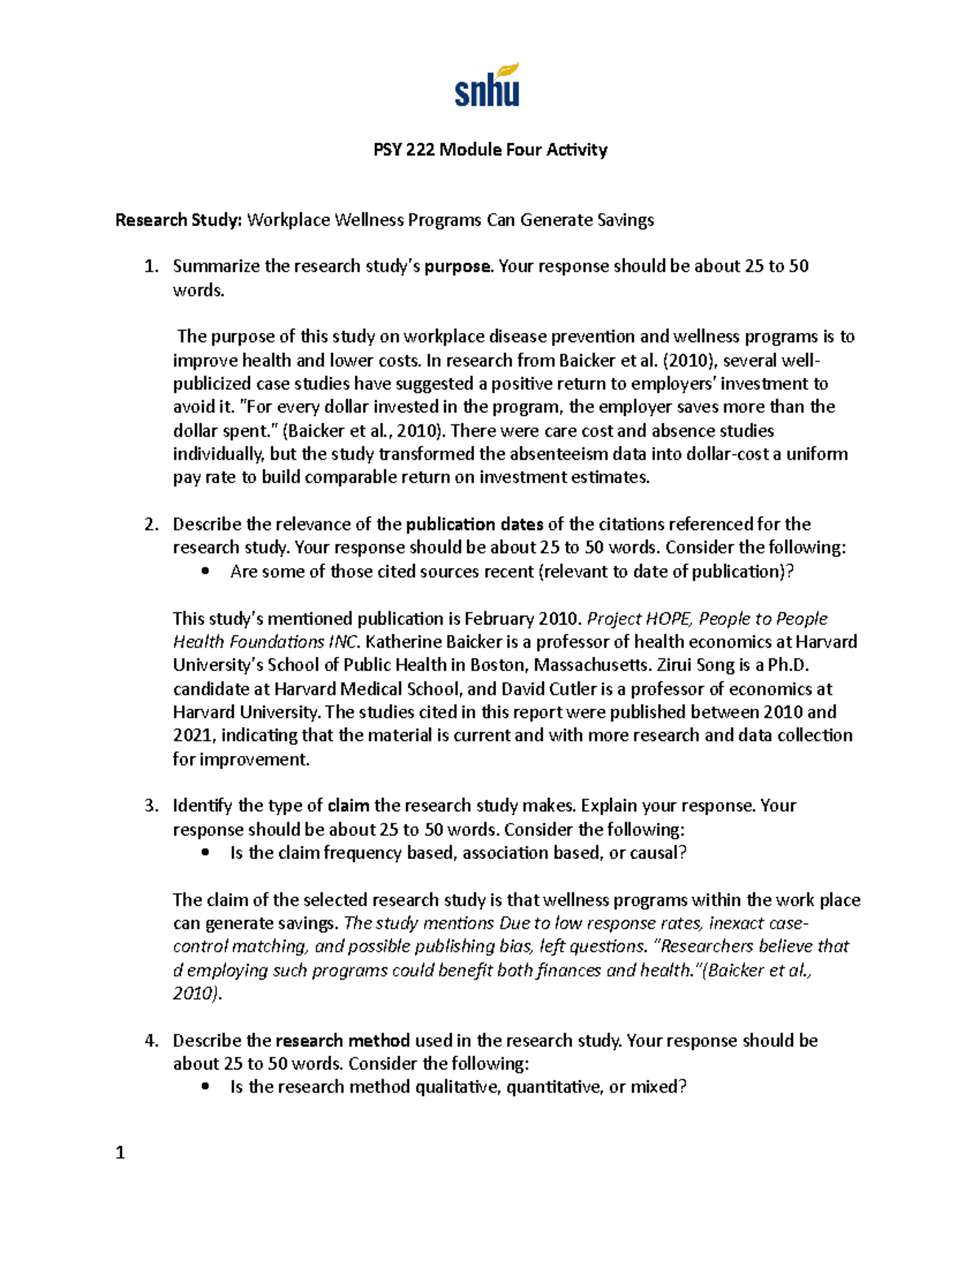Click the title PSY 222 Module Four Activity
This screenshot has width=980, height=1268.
tap(490, 149)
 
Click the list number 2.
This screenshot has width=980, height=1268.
tap(150, 524)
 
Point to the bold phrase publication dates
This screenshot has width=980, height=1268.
tap(474, 524)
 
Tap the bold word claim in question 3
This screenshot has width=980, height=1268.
tap(349, 806)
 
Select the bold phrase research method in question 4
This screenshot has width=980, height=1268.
tap(343, 1041)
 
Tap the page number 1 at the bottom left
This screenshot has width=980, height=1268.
tap(120, 1153)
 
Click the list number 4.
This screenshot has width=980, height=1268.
tap(150, 1041)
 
